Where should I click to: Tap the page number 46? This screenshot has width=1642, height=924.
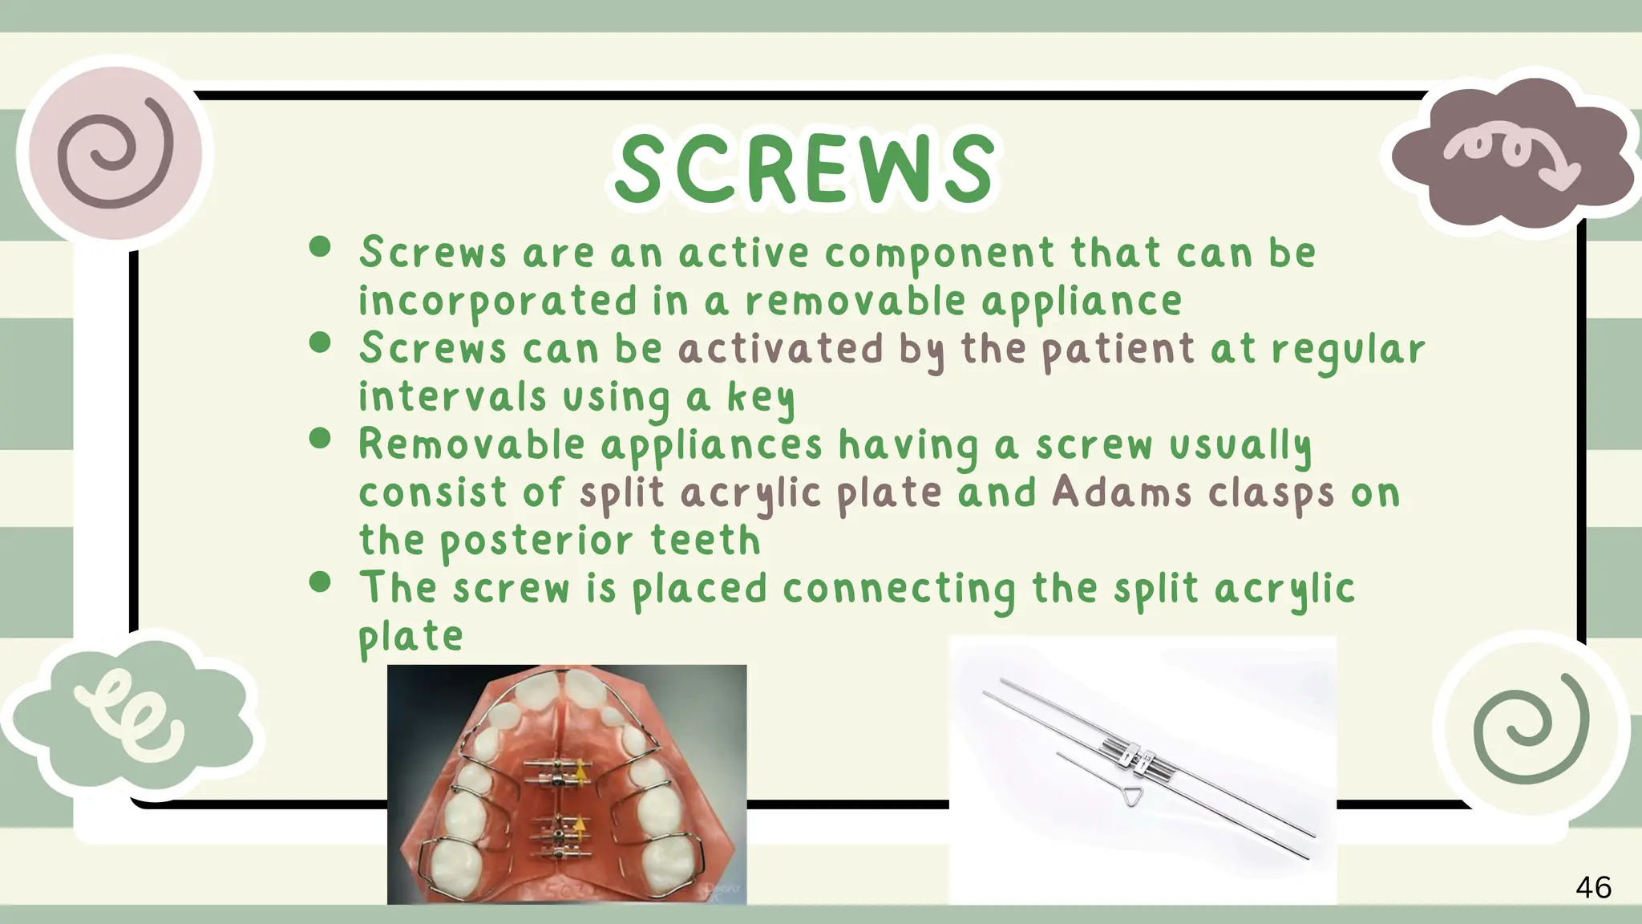tap(1593, 888)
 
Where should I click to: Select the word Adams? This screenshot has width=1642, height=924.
tap(1122, 492)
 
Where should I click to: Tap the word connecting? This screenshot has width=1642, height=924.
tap(899, 590)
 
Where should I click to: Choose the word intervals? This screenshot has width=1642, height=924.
tap(451, 397)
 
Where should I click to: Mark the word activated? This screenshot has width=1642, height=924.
tap(780, 350)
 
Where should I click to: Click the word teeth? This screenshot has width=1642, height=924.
tap(705, 541)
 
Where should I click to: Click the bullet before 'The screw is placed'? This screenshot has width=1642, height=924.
tap(320, 582)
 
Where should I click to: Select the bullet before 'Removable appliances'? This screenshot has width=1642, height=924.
tap(320, 438)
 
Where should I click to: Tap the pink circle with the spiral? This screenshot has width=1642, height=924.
tap(115, 152)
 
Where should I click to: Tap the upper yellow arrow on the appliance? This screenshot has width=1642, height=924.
tap(580, 772)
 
